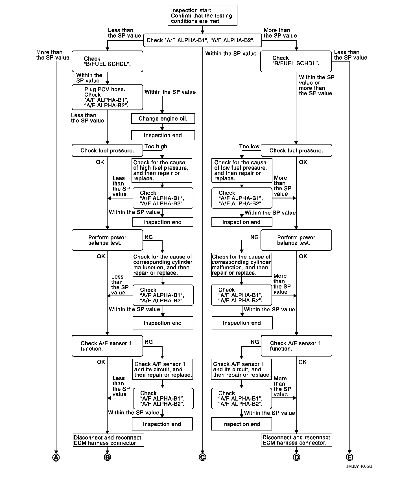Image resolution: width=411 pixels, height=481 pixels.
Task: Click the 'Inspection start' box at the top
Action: (x=202, y=16)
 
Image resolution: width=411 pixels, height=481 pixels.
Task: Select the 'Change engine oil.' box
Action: (x=163, y=119)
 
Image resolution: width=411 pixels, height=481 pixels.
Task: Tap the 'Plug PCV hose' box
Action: (x=107, y=97)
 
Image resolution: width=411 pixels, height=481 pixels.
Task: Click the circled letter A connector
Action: (x=56, y=458)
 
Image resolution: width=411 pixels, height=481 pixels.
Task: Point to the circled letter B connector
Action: (x=108, y=458)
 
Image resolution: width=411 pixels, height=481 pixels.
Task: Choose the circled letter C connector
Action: (x=202, y=458)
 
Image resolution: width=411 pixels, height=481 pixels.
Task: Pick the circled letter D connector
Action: (x=296, y=458)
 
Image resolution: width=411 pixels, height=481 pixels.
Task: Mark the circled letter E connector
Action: (x=349, y=458)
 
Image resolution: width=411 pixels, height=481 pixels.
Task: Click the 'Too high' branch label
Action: (x=156, y=147)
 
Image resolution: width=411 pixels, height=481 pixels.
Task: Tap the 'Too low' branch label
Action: (x=249, y=147)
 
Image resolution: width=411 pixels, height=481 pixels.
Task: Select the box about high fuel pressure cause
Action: (x=162, y=170)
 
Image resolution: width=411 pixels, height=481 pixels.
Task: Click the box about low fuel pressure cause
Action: (x=242, y=170)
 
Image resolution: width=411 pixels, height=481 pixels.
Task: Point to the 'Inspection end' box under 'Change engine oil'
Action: (x=163, y=135)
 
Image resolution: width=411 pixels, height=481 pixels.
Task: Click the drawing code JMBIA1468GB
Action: (x=359, y=466)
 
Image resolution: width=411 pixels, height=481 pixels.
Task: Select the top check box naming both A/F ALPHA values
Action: (x=202, y=40)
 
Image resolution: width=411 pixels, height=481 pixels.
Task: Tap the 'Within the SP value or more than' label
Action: (x=316, y=85)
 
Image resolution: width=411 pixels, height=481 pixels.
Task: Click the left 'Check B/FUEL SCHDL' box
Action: (x=107, y=61)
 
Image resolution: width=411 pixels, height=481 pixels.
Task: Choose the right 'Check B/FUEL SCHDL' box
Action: (x=296, y=61)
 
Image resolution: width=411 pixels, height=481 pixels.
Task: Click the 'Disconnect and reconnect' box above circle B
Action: (x=108, y=440)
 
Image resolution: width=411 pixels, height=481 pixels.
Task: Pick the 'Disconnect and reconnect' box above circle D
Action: (x=296, y=440)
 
